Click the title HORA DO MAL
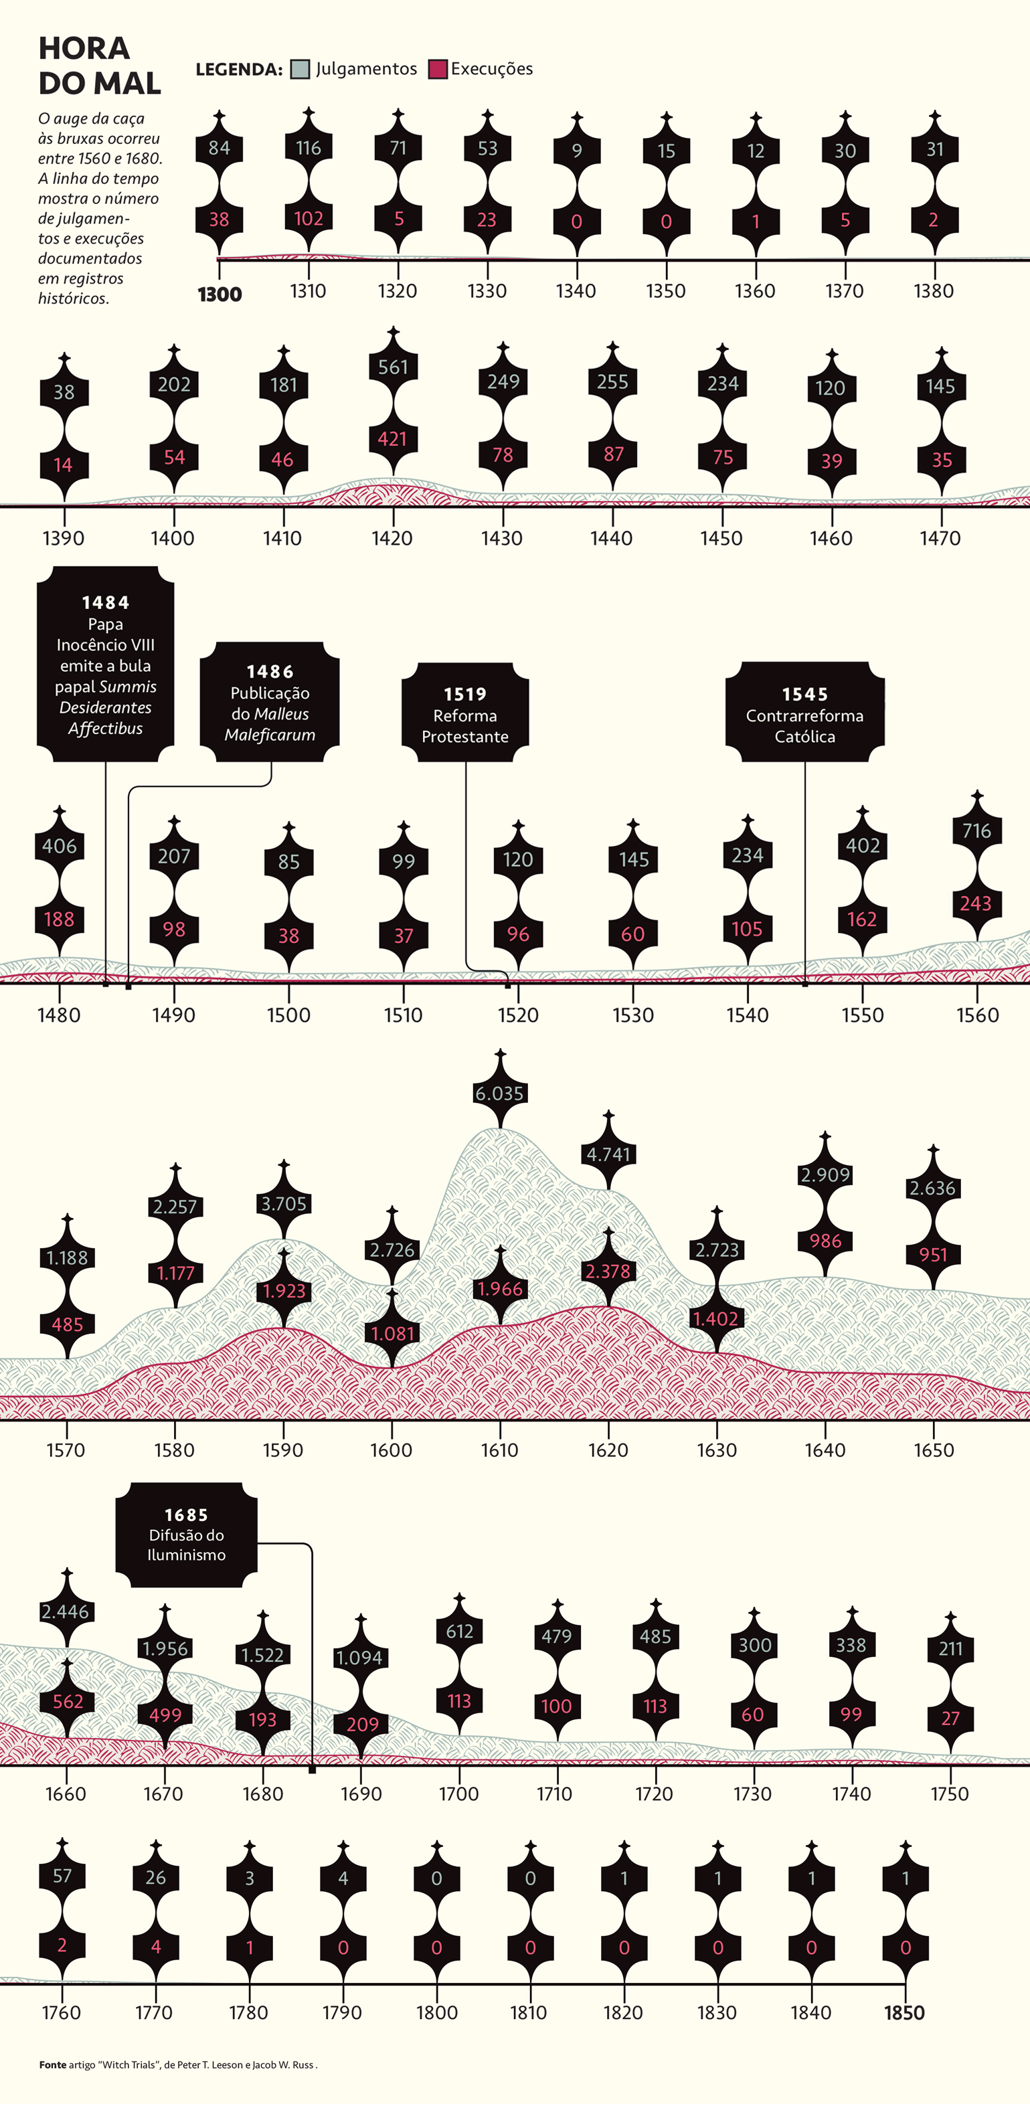pos(100,66)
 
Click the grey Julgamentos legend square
pos(301,70)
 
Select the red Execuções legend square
pos(438,70)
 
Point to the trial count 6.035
pos(499,1093)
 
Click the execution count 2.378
pos(608,1272)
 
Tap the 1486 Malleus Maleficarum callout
pos(270,701)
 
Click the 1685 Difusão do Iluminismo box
pos(186,1535)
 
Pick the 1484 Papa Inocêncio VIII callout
pos(105,664)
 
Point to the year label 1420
pos(392,538)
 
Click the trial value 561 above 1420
pos(393,367)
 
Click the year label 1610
pos(499,1451)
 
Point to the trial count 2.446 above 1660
pos(66,1611)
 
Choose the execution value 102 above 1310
pos(309,219)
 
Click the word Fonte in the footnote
pos(52,2065)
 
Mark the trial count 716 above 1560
pos(977,831)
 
